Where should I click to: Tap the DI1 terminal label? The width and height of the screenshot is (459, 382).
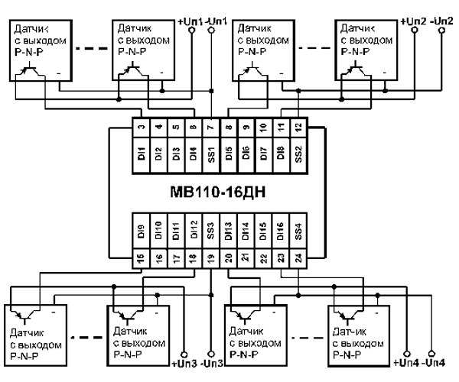point(140,152)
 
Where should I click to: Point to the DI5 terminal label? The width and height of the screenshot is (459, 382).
point(229,152)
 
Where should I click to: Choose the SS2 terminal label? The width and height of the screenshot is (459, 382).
point(298,152)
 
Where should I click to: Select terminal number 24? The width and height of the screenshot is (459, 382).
point(298,259)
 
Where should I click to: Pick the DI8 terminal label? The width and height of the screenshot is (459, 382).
point(281,152)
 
